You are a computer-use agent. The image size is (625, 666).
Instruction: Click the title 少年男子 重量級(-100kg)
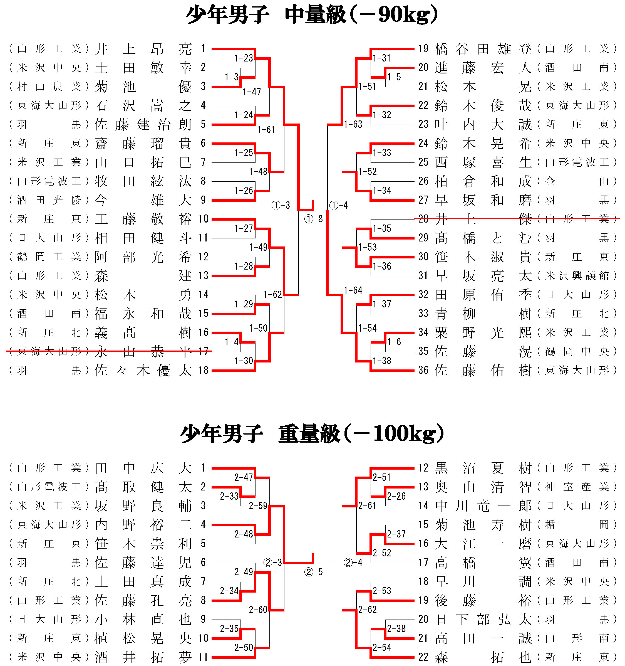tap(312, 434)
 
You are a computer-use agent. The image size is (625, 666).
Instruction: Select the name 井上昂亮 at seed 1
tap(143, 49)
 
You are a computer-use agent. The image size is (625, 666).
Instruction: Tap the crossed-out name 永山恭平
tap(143, 351)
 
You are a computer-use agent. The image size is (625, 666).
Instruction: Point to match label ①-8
tap(313, 219)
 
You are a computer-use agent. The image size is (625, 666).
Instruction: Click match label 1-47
tap(252, 92)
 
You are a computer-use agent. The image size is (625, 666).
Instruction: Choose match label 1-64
tap(353, 290)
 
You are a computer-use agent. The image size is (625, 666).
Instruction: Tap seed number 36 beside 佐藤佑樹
tap(423, 370)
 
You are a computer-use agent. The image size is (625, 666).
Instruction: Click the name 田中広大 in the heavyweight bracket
tap(143, 468)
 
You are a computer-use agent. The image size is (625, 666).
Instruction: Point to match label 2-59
tap(258, 505)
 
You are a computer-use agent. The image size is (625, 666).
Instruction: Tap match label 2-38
tap(396, 628)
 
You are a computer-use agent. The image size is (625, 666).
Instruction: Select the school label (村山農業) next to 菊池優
tap(49, 87)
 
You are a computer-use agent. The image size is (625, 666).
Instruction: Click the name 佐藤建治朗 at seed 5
tap(143, 125)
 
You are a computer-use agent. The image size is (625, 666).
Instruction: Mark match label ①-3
tap(281, 205)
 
